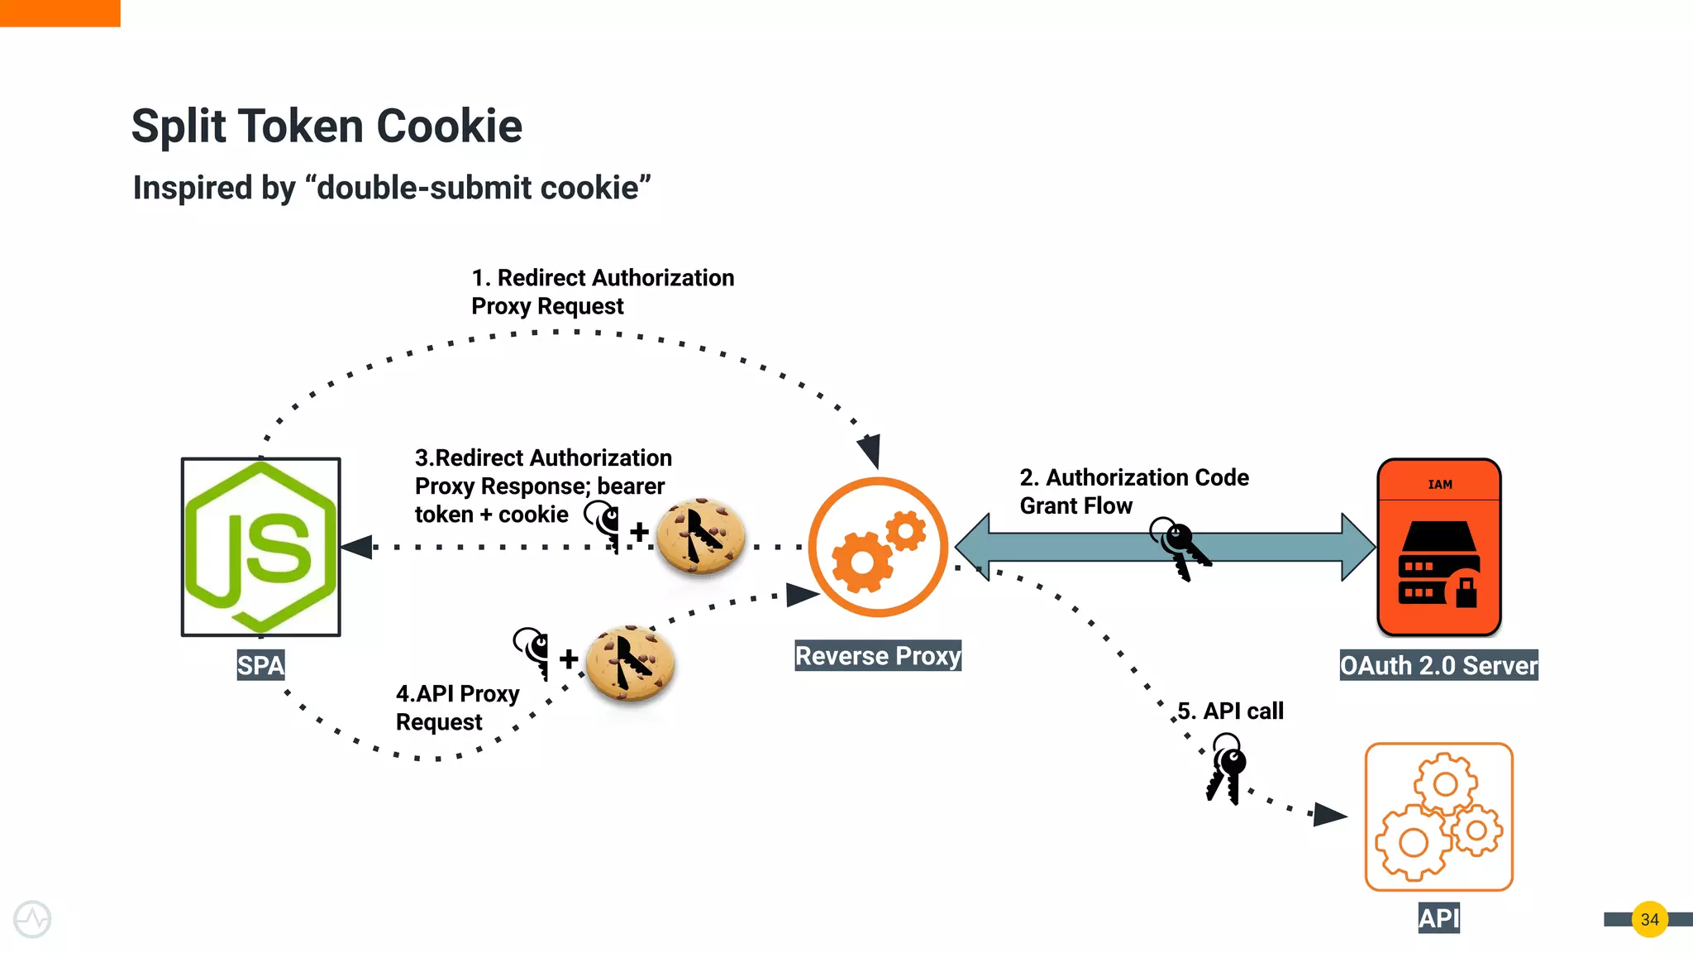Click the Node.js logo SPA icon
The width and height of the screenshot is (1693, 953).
pos(260,547)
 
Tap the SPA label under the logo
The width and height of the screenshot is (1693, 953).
pos(260,665)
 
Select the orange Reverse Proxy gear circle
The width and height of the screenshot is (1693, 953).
pos(878,547)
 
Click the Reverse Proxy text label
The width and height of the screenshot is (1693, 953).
pos(878,656)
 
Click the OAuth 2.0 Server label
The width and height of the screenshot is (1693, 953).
pos(1438,666)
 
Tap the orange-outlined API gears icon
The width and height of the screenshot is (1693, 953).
pos(1438,817)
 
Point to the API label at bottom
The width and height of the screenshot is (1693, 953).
pos(1438,918)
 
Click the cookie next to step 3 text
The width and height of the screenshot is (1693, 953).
pos(701,537)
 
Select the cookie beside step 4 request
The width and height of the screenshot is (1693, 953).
pos(630,663)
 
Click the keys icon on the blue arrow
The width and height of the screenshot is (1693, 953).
pos(1180,548)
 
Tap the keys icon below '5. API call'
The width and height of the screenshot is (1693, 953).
pos(1226,769)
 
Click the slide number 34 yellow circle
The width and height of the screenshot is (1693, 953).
pos(1649,919)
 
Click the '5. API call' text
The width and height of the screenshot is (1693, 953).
pos(1230,711)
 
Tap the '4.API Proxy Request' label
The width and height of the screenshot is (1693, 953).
pos(457,707)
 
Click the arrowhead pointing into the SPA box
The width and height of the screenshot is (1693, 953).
pos(357,547)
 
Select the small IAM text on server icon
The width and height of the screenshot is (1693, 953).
pos(1439,485)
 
